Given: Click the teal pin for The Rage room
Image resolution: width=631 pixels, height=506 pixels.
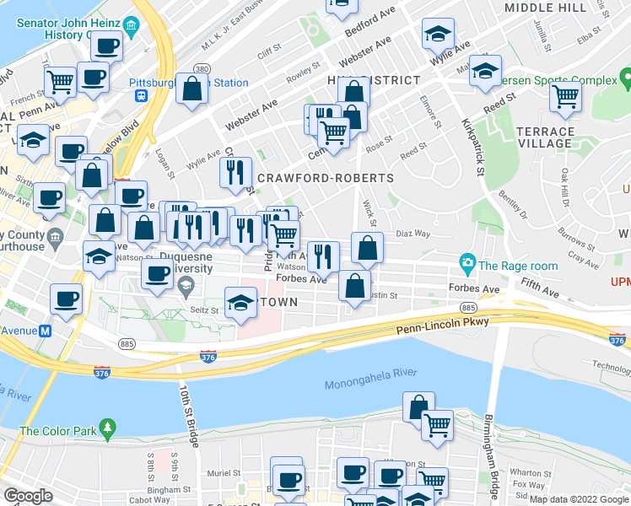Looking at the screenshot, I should pos(466,265).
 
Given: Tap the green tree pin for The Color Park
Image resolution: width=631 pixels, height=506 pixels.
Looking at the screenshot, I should pos(106,431).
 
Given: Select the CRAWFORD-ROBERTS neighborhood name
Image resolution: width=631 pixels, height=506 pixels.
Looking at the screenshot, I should pos(325,179).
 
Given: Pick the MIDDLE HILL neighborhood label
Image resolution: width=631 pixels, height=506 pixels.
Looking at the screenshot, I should pos(545,8).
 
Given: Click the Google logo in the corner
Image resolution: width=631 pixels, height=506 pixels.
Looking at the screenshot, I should pos(28,496).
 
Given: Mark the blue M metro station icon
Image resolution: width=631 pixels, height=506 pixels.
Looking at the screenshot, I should pos(43,331).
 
